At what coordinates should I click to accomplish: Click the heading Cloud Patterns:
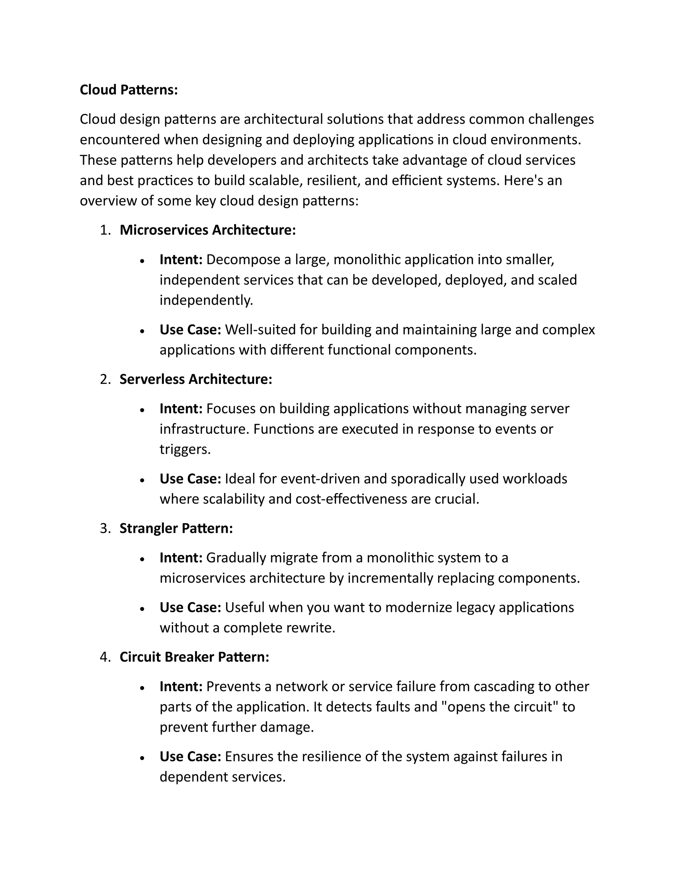click(128, 90)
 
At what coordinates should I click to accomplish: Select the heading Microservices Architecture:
click(208, 230)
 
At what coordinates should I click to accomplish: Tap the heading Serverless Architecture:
click(196, 379)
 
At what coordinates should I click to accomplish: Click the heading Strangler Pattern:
click(176, 528)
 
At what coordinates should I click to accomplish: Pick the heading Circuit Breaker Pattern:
click(194, 657)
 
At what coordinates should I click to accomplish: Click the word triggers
click(184, 449)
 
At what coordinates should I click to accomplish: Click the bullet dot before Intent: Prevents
click(142, 687)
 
